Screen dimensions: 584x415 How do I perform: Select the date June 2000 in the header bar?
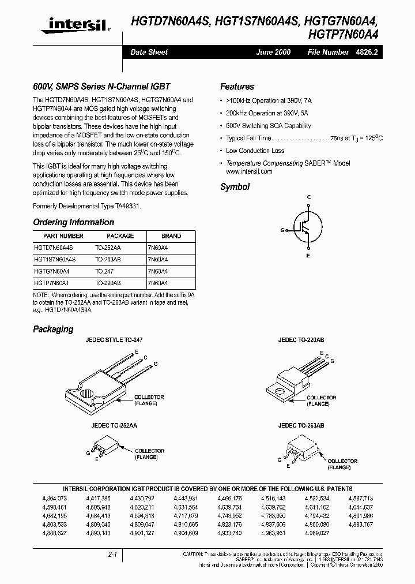(x=273, y=52)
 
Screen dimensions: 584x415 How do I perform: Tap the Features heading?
(x=237, y=87)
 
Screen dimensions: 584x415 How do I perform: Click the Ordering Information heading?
(x=73, y=222)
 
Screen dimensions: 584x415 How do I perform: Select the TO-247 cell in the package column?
(x=104, y=271)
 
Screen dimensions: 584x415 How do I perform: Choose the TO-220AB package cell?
(x=108, y=283)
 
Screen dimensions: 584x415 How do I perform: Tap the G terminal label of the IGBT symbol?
(x=282, y=230)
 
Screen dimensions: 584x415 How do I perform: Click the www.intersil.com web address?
(x=249, y=171)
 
